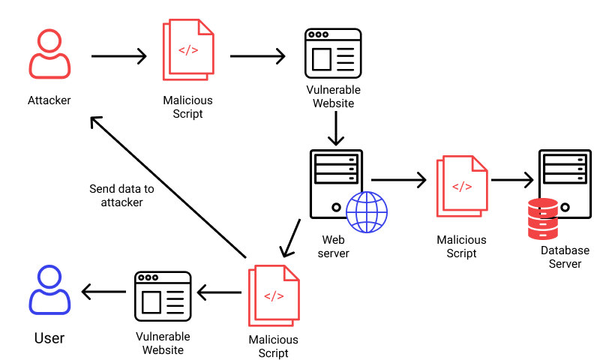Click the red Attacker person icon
(49, 55)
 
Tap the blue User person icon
(49, 290)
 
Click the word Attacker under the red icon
(49, 100)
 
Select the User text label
(49, 338)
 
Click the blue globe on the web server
(367, 211)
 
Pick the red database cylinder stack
(542, 218)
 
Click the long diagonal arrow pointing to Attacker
(169, 188)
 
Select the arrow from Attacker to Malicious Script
(118, 56)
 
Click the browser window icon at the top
(333, 54)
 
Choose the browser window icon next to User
(163, 293)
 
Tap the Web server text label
(334, 246)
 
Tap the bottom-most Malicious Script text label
(273, 346)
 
